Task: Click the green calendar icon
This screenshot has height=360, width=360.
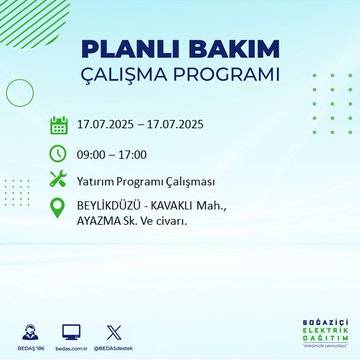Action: click(x=59, y=126)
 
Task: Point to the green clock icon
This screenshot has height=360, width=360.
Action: click(x=59, y=154)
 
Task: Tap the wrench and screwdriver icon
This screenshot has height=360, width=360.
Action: click(x=59, y=181)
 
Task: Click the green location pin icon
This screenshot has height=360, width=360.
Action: click(x=59, y=212)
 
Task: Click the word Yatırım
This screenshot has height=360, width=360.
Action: click(x=100, y=182)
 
